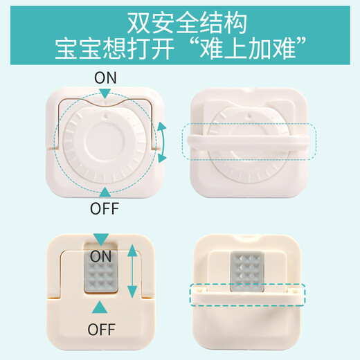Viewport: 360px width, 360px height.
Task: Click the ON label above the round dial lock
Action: point(106,77)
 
